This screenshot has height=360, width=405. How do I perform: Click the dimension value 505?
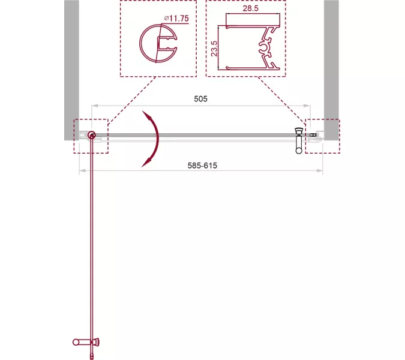pos(200,99)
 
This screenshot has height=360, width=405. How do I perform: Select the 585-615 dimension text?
pos(202,166)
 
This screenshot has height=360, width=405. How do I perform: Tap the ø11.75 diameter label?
pos(176,19)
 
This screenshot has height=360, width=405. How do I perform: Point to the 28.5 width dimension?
pos(250,8)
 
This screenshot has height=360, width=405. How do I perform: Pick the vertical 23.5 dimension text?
pos(214,49)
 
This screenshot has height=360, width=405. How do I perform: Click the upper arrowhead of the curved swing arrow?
pos(147,115)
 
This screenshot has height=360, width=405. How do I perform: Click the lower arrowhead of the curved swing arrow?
pos(146,163)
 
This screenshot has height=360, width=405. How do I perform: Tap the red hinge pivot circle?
pos(91,134)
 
